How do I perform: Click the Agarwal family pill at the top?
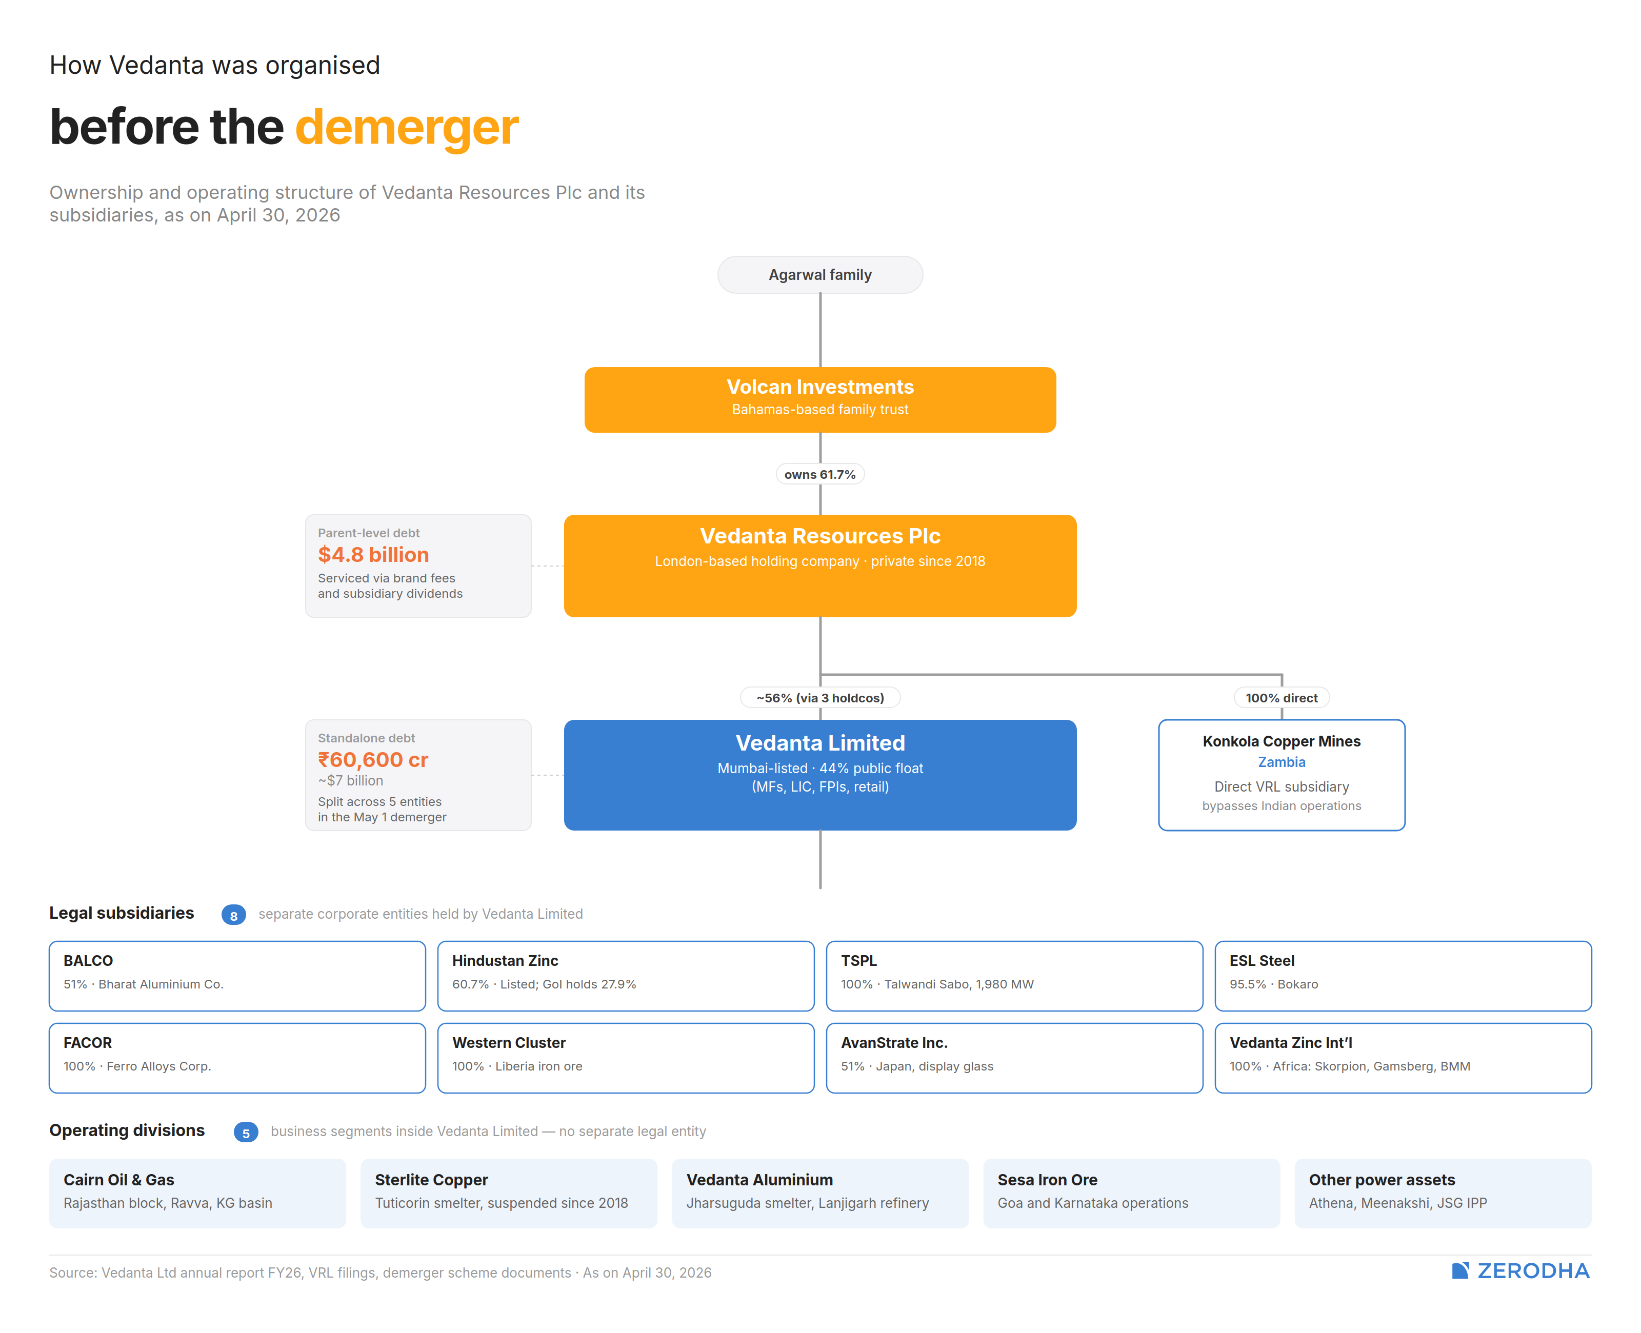point(820,275)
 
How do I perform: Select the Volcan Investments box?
point(820,399)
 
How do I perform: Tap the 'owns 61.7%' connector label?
point(820,475)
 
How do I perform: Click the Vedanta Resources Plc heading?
point(820,536)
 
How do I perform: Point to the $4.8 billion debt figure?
point(373,554)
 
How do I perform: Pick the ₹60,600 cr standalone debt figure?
point(373,759)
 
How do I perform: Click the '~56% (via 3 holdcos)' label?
point(820,698)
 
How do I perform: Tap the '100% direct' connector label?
point(1282,698)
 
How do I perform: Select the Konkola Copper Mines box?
point(1282,775)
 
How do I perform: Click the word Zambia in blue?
point(1282,762)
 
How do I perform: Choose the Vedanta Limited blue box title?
point(820,743)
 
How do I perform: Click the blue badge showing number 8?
point(233,915)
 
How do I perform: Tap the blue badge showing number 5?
point(246,1133)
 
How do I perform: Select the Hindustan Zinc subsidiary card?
point(626,976)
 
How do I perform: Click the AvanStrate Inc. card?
point(1014,1058)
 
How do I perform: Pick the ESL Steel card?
point(1403,976)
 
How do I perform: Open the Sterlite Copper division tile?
point(509,1193)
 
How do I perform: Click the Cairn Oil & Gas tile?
point(197,1193)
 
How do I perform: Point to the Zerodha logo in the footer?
point(1520,1271)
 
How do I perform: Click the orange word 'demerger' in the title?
point(407,128)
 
